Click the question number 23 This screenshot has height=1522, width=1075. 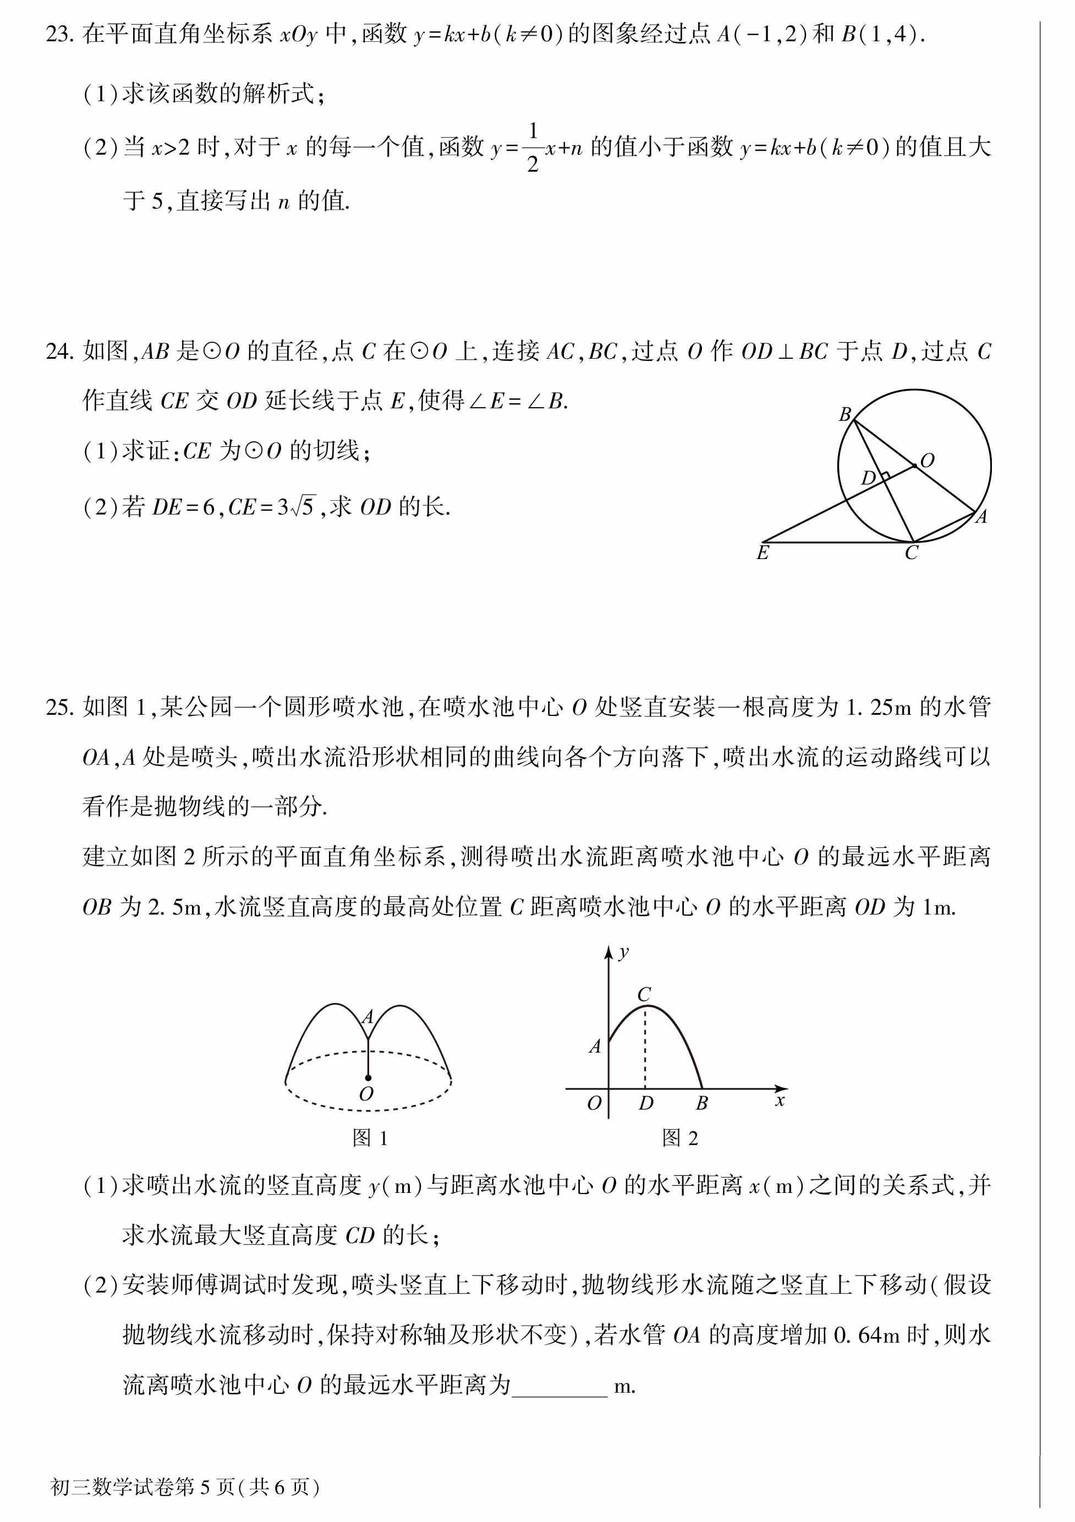[x=59, y=35]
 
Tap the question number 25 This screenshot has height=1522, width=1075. [x=59, y=707]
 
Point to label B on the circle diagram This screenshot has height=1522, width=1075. [x=844, y=415]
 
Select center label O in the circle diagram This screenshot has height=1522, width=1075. [x=927, y=460]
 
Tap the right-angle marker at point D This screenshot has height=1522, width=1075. [x=884, y=476]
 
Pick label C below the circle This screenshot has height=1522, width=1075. [x=911, y=554]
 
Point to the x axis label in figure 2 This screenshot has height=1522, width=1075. [x=780, y=1101]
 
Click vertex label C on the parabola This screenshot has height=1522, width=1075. [x=644, y=994]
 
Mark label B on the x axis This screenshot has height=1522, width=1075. [x=702, y=1103]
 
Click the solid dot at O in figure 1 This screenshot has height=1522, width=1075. [x=368, y=1078]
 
